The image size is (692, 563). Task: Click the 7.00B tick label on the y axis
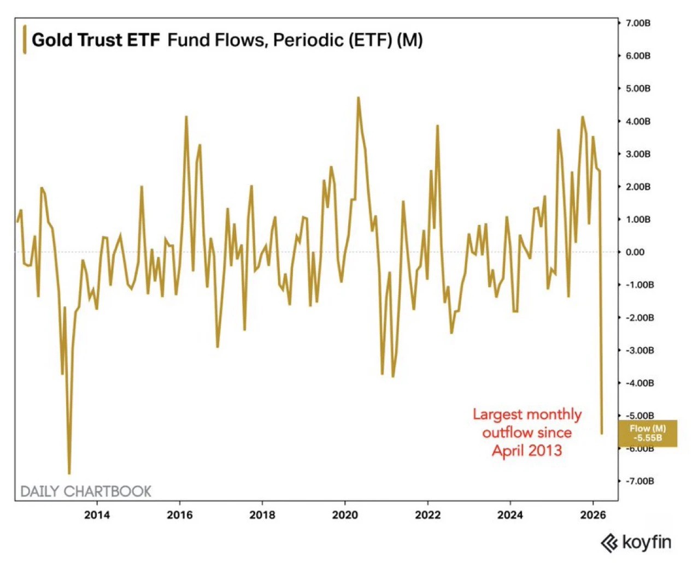pos(638,23)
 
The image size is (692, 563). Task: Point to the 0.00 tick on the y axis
pos(635,252)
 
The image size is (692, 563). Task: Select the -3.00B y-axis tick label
pos(639,350)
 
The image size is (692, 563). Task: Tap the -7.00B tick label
pos(639,481)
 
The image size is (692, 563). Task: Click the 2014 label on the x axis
pos(97,514)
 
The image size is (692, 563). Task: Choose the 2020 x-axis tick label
pos(345,514)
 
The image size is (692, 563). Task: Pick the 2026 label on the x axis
pos(593,514)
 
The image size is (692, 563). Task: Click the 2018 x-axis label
pos(262,514)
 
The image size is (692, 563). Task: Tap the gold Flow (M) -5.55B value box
pos(648,433)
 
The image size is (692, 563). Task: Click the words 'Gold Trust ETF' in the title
pos(96,40)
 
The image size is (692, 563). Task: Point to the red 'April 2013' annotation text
pos(527,451)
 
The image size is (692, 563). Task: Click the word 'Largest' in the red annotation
pos(496,414)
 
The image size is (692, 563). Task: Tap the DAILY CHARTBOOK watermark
pos(86,491)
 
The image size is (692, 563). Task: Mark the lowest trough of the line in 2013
pos(69,473)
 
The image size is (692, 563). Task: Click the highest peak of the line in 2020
pos(358,98)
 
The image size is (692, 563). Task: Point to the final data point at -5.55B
pos(602,434)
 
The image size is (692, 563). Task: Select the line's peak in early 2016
pos(186,117)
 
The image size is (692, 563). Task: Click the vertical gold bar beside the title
pos(24,39)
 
